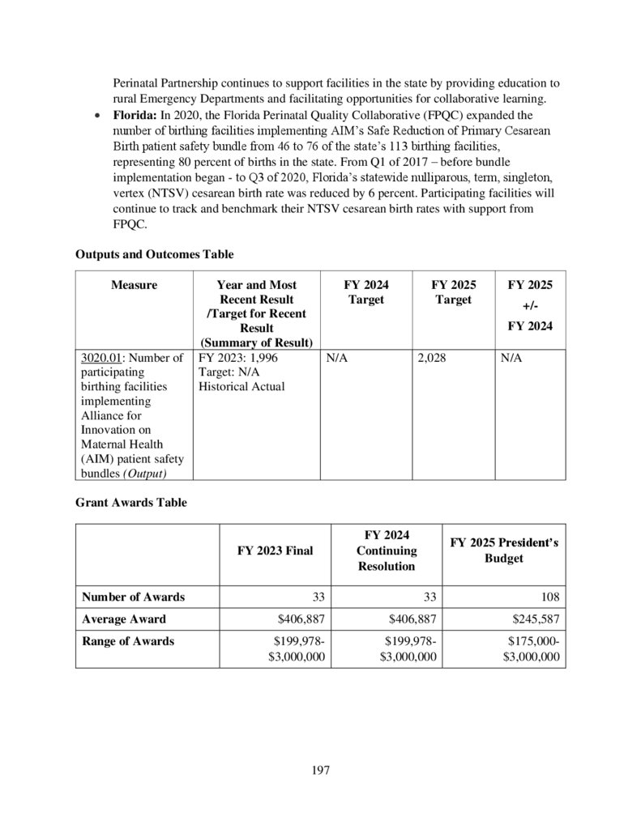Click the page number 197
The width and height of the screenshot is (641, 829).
[x=320, y=769]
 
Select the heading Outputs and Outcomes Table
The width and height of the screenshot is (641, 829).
[x=149, y=254]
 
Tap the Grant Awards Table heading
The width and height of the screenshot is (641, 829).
[x=131, y=503]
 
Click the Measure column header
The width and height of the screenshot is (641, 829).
[x=135, y=285]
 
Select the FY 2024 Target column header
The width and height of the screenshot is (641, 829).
[x=365, y=292]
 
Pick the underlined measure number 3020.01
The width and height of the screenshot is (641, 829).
[x=101, y=357]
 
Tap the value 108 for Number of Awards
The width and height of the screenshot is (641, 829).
[x=548, y=597]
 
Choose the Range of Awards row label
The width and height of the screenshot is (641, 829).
[x=128, y=641]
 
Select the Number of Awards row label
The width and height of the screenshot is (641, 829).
[x=133, y=597]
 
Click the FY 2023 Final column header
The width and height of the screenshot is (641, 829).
[x=275, y=551]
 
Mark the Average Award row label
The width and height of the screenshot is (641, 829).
[x=123, y=619]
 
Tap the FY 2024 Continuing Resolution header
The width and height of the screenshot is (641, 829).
[x=387, y=551]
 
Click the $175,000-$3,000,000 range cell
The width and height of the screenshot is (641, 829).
[x=531, y=649]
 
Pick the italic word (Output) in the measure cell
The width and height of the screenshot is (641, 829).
[x=159, y=474]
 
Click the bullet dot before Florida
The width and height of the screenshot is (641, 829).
[x=98, y=117]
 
